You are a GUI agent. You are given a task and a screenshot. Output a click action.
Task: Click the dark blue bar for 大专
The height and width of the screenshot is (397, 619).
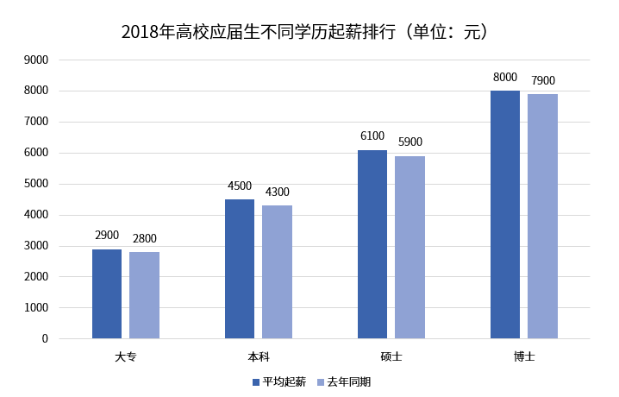click(x=107, y=293)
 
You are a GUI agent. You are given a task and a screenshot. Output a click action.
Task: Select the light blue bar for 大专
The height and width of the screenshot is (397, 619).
click(x=144, y=295)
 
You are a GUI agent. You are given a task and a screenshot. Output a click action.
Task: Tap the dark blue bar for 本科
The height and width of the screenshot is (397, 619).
click(x=240, y=268)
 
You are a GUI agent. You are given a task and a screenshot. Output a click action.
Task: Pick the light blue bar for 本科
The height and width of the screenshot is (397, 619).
click(x=277, y=272)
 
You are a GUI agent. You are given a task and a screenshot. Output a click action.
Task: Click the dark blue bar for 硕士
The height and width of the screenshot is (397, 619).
click(x=372, y=244)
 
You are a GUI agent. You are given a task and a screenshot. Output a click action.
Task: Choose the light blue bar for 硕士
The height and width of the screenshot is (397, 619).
click(x=410, y=247)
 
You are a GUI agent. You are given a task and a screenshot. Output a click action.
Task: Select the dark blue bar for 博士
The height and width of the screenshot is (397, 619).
click(x=505, y=214)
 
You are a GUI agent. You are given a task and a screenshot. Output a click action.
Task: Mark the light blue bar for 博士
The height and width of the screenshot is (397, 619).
click(x=542, y=216)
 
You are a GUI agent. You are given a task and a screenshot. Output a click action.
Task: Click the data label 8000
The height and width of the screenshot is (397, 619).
click(x=505, y=78)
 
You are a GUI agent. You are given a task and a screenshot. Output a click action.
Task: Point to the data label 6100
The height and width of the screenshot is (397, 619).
click(x=372, y=136)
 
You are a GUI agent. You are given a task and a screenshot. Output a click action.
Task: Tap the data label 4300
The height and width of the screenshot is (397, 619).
click(x=277, y=192)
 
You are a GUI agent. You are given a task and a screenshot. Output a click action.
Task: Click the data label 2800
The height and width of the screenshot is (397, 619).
click(x=144, y=239)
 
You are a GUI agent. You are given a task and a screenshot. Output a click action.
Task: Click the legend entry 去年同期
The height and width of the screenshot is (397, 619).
click(x=348, y=381)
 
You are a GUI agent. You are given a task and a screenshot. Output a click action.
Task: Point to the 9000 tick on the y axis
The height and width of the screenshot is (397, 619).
click(x=35, y=60)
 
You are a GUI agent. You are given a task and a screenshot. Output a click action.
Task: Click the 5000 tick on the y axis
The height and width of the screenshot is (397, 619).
click(x=35, y=184)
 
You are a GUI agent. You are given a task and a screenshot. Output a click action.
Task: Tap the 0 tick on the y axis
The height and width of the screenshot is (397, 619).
click(x=44, y=338)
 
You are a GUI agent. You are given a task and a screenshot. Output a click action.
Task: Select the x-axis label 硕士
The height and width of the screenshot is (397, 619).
click(x=391, y=356)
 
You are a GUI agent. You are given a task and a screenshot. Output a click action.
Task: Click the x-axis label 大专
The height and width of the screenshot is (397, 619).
click(x=125, y=356)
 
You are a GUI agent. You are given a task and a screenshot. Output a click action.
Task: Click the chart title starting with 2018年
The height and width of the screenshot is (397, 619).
click(x=309, y=32)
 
